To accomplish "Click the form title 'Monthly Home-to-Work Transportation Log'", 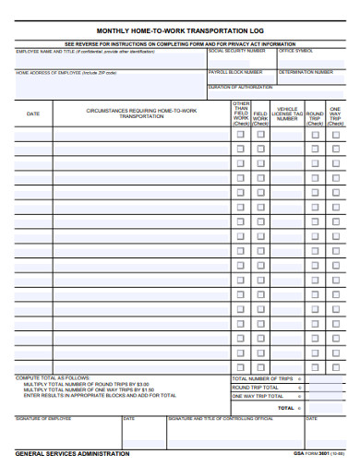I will click(180, 30).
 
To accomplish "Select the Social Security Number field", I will click(241, 59).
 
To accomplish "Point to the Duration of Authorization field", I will click(277, 91).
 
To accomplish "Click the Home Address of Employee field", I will click(110, 83).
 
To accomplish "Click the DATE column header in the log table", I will click(33, 114).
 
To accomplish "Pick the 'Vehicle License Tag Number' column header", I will click(287, 114).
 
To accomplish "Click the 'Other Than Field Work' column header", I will click(241, 112).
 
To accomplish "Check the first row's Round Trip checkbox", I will click(315, 134).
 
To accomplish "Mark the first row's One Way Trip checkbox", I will click(336, 134).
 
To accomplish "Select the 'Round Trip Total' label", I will click(255, 388).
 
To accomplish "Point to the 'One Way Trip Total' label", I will click(258, 397).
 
